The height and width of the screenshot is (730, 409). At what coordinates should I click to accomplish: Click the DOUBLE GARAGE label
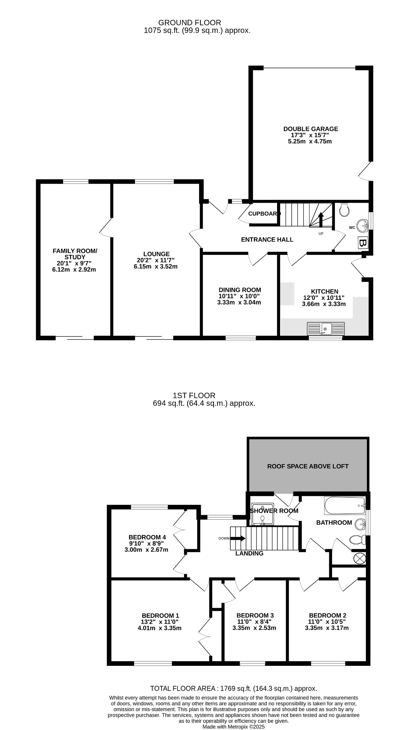click(311, 129)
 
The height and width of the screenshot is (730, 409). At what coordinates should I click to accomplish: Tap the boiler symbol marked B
click(363, 243)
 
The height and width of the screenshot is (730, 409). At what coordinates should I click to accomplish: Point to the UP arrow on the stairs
click(321, 220)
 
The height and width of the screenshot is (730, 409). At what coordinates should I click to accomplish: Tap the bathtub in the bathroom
click(345, 505)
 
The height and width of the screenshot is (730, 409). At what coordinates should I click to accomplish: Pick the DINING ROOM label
click(240, 290)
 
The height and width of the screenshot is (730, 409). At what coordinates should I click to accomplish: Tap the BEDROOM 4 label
click(147, 537)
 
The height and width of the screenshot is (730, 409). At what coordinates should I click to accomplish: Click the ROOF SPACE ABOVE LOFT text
click(308, 466)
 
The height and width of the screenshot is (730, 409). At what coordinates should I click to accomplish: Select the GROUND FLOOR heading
click(190, 23)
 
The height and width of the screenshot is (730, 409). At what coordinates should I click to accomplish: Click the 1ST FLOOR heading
click(194, 396)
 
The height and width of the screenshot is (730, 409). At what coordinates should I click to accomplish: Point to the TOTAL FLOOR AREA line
click(234, 689)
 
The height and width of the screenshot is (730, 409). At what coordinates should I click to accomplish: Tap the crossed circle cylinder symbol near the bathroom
click(359, 559)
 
